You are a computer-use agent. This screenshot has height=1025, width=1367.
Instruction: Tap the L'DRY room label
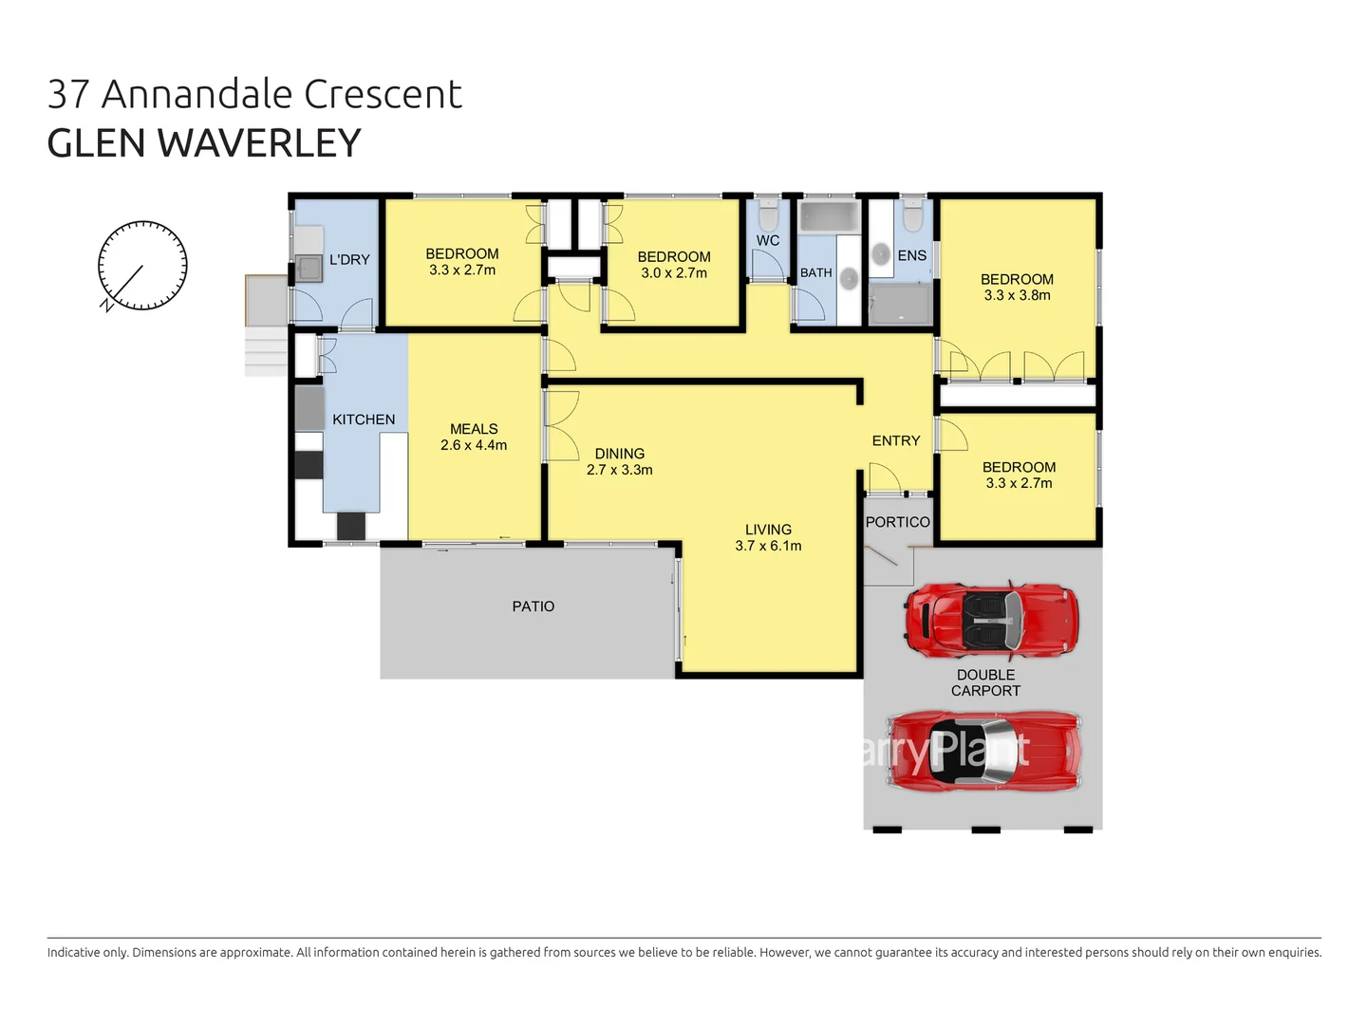(349, 260)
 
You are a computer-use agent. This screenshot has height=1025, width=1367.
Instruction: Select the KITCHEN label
(364, 419)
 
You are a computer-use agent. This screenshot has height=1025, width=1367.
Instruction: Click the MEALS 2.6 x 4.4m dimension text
(474, 445)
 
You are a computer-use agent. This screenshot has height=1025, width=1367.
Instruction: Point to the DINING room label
(620, 454)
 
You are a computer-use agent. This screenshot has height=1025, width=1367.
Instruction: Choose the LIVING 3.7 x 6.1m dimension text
(768, 546)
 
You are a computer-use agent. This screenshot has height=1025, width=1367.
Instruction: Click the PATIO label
(533, 606)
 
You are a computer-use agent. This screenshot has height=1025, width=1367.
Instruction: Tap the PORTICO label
(897, 522)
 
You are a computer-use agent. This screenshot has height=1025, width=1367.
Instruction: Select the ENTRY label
(896, 441)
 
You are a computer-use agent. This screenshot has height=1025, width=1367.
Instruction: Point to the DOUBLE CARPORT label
(985, 683)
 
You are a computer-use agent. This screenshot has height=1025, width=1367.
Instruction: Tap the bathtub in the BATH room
(829, 216)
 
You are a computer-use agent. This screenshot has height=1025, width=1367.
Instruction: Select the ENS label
(911, 255)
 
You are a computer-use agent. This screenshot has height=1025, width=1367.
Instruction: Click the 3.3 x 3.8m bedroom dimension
(1017, 295)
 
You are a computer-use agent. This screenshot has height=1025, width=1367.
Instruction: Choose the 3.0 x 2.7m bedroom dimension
(674, 273)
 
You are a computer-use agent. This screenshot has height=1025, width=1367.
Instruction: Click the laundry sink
(309, 268)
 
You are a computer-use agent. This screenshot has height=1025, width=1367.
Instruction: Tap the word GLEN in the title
(96, 144)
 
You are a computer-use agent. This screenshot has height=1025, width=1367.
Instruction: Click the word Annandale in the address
(197, 95)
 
